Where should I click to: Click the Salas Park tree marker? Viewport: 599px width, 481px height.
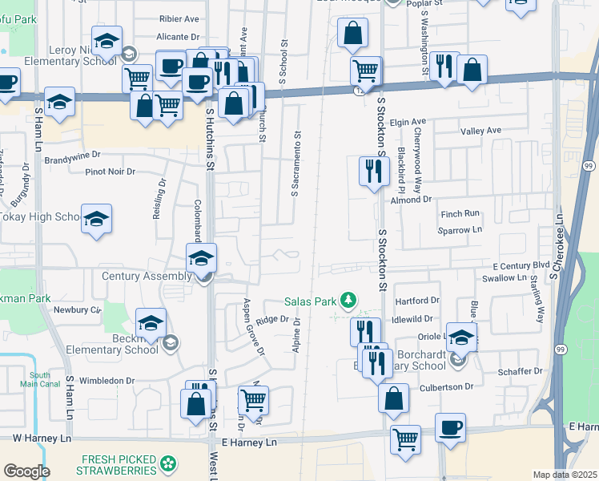(x=348, y=301)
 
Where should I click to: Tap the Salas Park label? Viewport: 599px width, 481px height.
(x=310, y=302)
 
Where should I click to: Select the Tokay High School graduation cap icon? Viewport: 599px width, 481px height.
(x=96, y=220)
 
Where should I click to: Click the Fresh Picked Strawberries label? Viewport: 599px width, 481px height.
(x=118, y=463)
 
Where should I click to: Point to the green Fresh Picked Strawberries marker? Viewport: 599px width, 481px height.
(x=168, y=463)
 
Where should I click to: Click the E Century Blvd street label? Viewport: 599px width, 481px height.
(x=521, y=265)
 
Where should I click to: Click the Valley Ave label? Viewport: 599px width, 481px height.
(x=480, y=131)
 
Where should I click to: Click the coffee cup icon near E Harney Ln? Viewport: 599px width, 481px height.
(x=450, y=427)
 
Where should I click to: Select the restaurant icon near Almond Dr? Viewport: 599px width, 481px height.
(x=373, y=171)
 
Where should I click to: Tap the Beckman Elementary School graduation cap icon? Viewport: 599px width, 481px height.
(x=150, y=322)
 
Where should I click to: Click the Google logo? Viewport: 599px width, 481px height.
(x=26, y=471)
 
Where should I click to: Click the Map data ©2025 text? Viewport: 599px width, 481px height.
(x=564, y=475)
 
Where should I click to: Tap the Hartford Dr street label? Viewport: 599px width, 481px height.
(x=418, y=301)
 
